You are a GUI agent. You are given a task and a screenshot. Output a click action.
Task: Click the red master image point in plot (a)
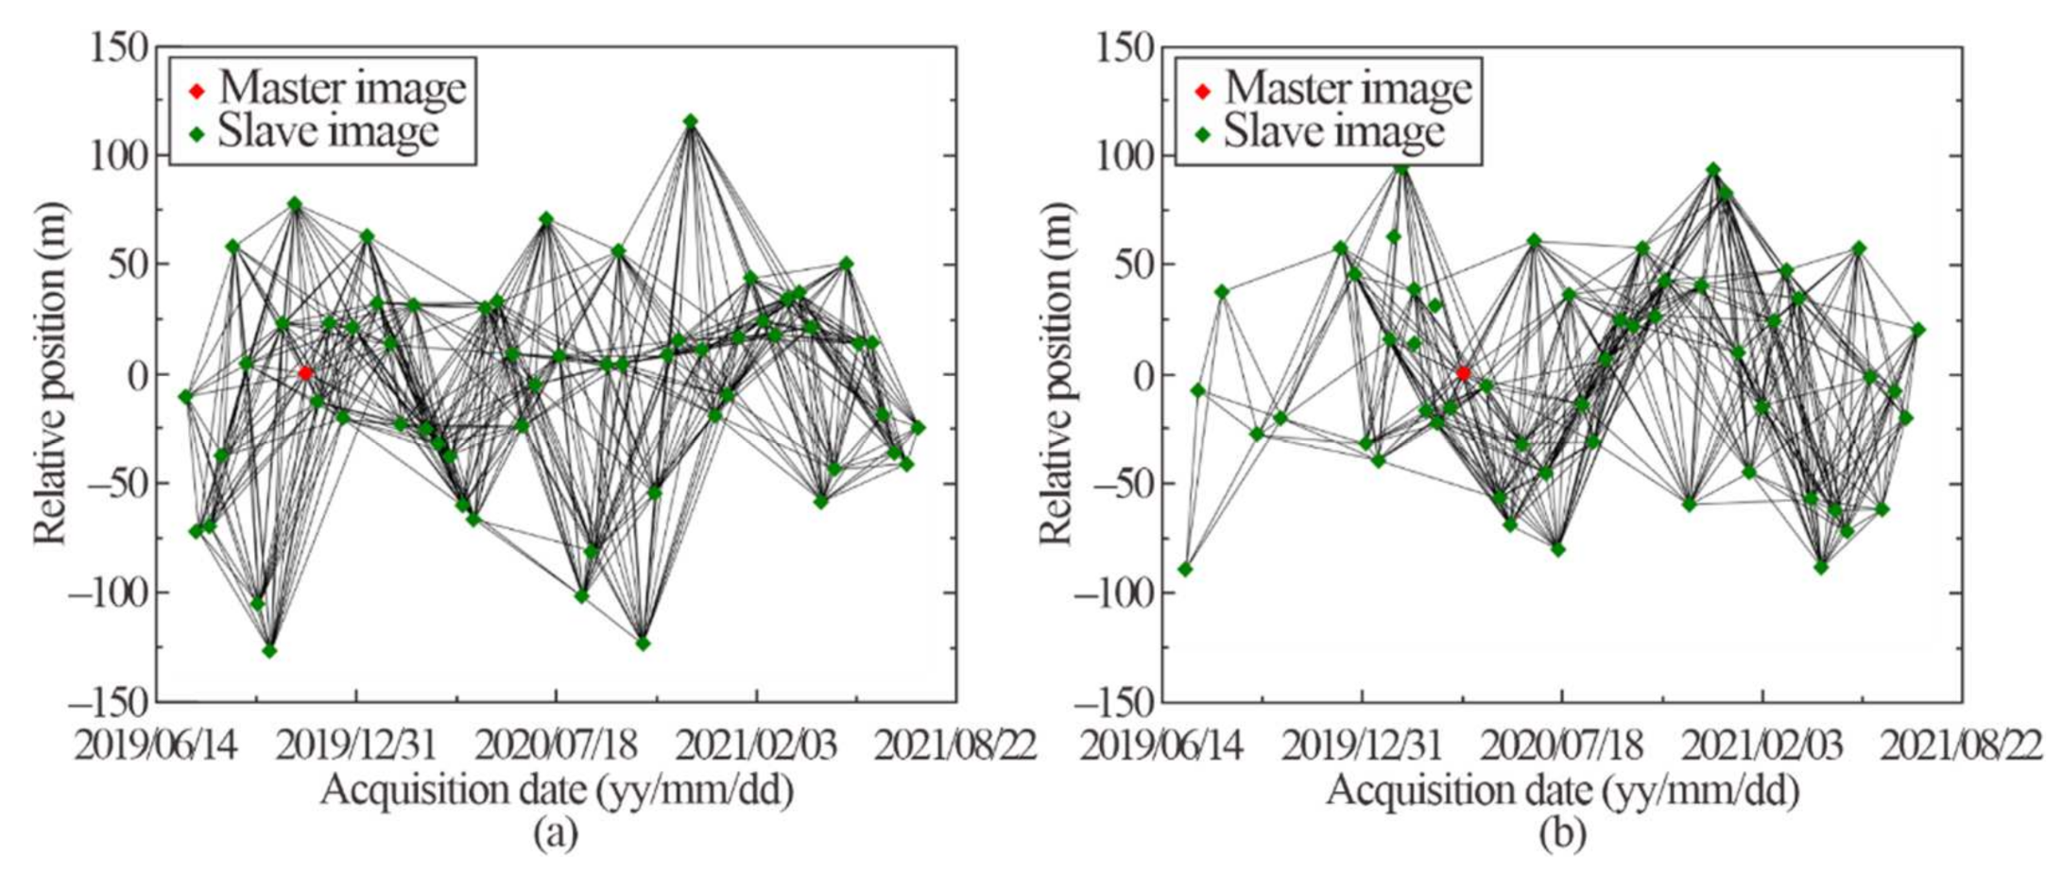coord(305,373)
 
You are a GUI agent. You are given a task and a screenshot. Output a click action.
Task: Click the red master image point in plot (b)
coord(1463,373)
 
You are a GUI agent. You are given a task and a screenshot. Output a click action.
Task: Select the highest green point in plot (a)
coord(691,121)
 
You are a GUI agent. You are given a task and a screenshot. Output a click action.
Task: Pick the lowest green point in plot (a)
coord(269,650)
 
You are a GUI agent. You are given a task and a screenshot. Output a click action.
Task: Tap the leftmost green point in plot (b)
coord(1185,569)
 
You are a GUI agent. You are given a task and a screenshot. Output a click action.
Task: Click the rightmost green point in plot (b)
coord(1918,330)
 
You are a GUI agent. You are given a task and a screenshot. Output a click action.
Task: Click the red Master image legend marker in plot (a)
coord(197,92)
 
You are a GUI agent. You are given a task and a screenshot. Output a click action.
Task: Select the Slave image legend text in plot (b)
coord(1333,132)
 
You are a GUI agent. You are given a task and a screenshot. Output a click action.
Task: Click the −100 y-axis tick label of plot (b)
coord(1111,593)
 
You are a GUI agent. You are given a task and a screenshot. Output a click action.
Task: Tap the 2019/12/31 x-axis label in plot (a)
coord(354,746)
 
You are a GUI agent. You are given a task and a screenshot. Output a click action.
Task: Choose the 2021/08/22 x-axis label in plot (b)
coord(1960,746)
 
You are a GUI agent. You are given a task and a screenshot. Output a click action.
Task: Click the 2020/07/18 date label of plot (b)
coord(1560,746)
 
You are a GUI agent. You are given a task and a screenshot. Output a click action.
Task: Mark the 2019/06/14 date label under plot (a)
coord(157,746)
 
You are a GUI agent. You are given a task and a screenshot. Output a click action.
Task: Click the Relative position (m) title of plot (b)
coord(1057,373)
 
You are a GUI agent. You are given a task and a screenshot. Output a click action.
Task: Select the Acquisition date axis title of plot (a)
coord(556,791)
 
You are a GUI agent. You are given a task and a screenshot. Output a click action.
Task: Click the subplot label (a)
coord(555,833)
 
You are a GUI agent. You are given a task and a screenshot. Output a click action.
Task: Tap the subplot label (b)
coord(1561,833)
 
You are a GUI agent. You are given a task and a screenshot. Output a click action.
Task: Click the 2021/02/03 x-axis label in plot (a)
coord(755,746)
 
